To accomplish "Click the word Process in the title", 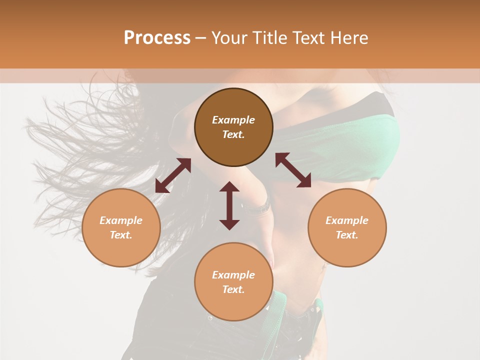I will click(157, 37).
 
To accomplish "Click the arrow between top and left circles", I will click(173, 175).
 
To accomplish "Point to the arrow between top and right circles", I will click(293, 170).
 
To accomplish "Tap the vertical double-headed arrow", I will click(229, 205).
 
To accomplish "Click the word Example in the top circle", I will click(233, 120).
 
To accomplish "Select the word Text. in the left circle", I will click(121, 235).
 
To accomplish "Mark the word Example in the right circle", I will click(347, 220).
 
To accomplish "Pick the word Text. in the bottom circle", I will click(233, 289).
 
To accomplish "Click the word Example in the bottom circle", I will click(233, 275).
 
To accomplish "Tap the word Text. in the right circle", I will click(347, 235).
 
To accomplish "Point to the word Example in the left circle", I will click(121, 220).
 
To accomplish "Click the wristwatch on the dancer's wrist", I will click(261, 206).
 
